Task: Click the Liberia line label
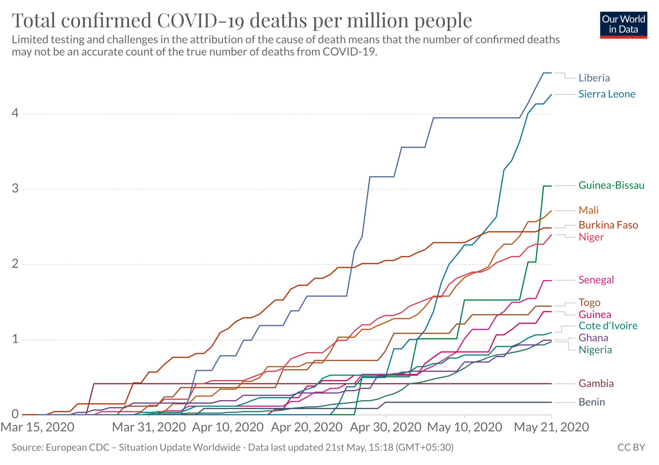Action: coord(594,78)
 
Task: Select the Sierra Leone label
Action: coord(607,94)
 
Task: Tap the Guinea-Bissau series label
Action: coord(611,186)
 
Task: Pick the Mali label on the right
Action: coord(588,210)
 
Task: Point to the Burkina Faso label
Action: coord(608,225)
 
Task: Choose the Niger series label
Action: coord(591,237)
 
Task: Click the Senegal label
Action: coord(596,280)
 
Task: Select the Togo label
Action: coord(589,303)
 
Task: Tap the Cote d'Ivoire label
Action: coord(608,326)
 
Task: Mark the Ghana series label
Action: coord(593,338)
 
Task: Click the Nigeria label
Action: coord(595,350)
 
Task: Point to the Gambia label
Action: coord(596,384)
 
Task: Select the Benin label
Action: coord(592,402)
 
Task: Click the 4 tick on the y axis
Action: coord(15,114)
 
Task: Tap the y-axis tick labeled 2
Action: coord(15,264)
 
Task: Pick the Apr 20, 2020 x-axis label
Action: coord(307,427)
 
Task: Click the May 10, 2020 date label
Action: coord(465,427)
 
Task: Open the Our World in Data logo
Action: coord(623,25)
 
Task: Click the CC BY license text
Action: coord(631,448)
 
